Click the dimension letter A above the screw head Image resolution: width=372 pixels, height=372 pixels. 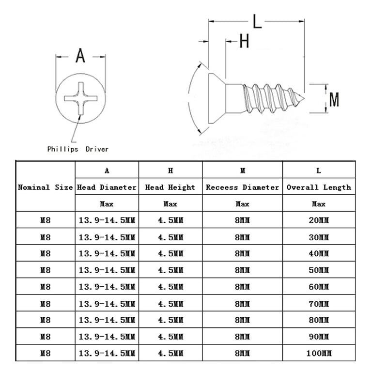point(80,56)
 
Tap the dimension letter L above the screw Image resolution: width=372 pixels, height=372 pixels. point(257,21)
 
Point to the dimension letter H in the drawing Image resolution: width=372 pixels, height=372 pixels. point(244,41)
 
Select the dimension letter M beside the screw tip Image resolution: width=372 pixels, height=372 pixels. point(334,100)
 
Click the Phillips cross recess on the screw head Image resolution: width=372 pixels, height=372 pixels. point(81,98)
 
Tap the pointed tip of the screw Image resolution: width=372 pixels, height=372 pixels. point(304,99)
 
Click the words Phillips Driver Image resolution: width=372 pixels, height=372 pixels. point(78,149)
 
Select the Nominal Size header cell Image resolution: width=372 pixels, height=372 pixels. point(46,187)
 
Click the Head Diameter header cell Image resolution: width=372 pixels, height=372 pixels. point(107,187)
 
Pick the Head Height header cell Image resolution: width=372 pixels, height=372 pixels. point(170,187)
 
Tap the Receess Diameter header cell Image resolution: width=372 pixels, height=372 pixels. point(243,187)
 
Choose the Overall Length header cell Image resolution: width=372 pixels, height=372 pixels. point(319,187)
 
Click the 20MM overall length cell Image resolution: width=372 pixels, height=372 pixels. point(319,220)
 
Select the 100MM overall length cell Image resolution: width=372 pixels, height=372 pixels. point(319,353)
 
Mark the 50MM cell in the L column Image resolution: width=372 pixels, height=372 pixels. point(319,270)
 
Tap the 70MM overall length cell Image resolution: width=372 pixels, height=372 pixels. point(319,303)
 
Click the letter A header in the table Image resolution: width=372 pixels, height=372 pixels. point(107,170)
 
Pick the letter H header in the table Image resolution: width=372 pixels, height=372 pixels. point(170,170)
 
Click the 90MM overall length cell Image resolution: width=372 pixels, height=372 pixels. point(319,337)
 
